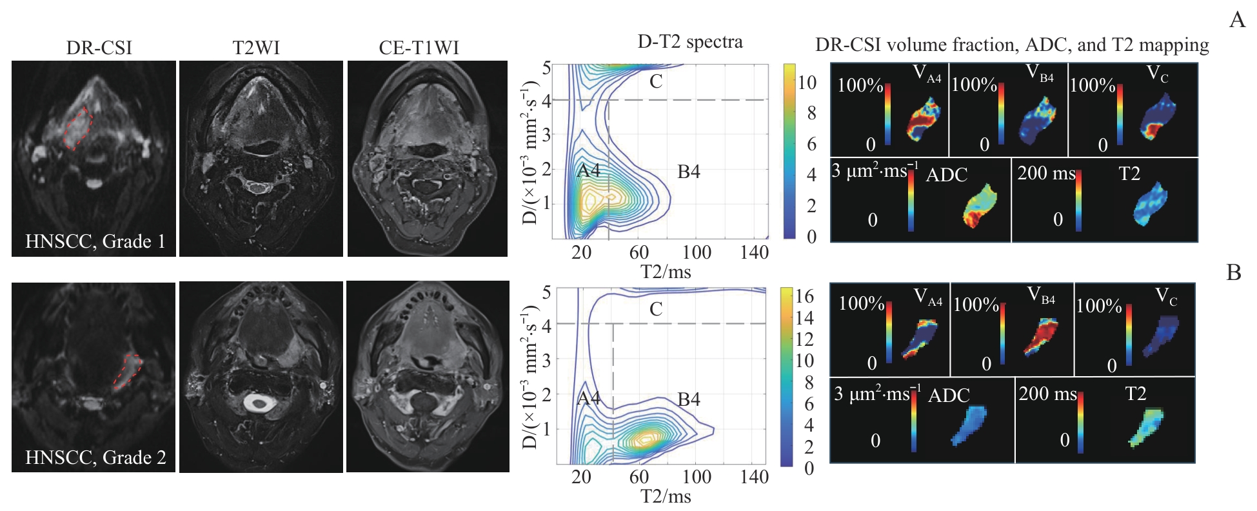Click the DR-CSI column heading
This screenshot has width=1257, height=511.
(x=99, y=48)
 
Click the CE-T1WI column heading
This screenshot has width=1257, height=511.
(x=419, y=48)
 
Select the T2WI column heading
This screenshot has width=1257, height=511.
(x=256, y=48)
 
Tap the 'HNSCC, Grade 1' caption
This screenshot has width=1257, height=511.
(x=95, y=241)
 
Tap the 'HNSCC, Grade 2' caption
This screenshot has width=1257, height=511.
(x=95, y=457)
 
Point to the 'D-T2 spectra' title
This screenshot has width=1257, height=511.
(x=689, y=42)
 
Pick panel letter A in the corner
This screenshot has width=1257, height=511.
(x=1237, y=20)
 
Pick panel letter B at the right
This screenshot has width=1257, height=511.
(x=1233, y=273)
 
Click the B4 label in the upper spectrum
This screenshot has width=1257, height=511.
(x=688, y=172)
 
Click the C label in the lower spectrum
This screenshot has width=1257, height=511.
(x=656, y=309)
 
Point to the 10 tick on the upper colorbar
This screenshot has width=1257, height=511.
(x=807, y=83)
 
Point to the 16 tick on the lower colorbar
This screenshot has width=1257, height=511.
(x=804, y=296)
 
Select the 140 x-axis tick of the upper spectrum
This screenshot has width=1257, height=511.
(x=754, y=252)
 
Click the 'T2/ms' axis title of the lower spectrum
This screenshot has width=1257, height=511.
(x=666, y=496)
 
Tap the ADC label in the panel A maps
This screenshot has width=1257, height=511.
(x=946, y=175)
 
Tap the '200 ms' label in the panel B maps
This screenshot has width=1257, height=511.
(x=1047, y=394)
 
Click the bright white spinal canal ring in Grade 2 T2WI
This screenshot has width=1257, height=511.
(x=259, y=404)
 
